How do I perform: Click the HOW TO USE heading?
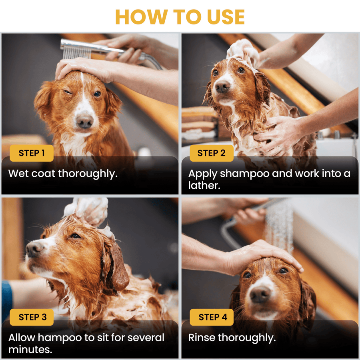point(180,17)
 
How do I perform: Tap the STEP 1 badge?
point(32,153)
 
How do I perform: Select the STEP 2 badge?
point(212,153)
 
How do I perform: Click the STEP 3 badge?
point(32,317)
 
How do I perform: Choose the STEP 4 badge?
point(212,317)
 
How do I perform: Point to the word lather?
point(204,186)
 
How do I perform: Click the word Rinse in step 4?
point(202,338)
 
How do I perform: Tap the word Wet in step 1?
point(18,174)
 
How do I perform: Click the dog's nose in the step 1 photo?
point(84,121)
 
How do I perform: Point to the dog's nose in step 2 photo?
point(222,86)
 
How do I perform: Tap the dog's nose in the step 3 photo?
point(34,249)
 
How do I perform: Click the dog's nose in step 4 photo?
point(260,294)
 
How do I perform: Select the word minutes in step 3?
point(30,350)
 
